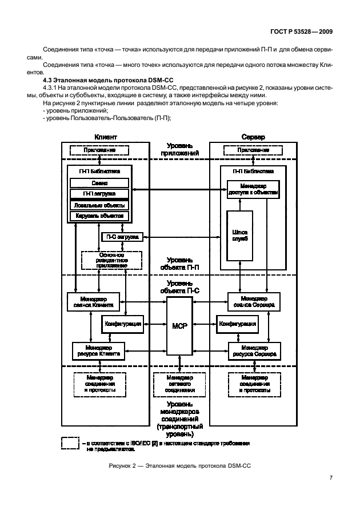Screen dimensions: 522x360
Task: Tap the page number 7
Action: (x=330, y=477)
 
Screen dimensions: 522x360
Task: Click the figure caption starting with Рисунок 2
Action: (x=179, y=466)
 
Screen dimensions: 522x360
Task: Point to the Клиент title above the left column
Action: (x=99, y=137)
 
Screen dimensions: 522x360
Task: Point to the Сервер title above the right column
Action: (x=253, y=137)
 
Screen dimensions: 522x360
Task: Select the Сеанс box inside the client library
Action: (x=99, y=183)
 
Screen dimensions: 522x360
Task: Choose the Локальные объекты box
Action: (x=99, y=205)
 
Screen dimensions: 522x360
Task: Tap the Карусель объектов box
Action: (x=99, y=216)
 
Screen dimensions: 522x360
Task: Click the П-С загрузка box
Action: (x=122, y=237)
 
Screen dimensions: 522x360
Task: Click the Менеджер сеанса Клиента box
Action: (x=94, y=301)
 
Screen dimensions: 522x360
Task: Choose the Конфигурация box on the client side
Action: (x=123, y=324)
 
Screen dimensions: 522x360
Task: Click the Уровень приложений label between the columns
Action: (x=179, y=150)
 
